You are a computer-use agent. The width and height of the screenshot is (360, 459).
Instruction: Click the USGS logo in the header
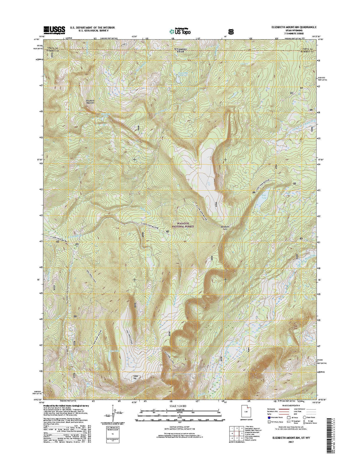click(x=54, y=29)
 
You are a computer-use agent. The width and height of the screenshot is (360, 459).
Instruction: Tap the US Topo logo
click(x=180, y=31)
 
